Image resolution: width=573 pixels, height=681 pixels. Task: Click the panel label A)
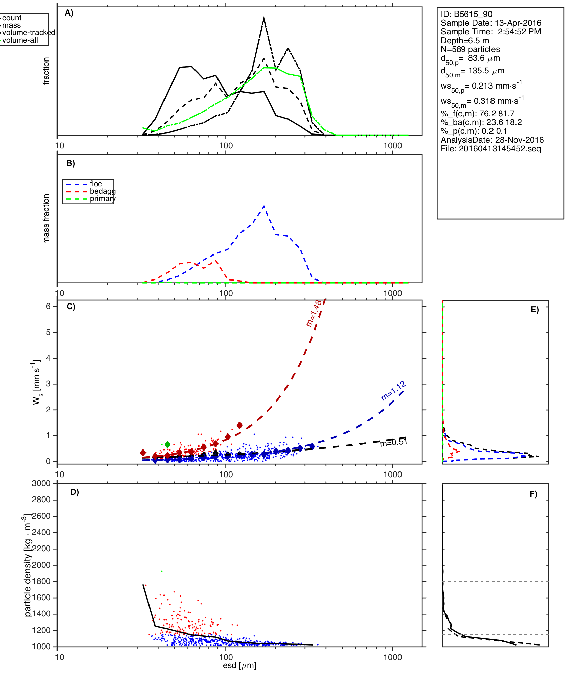(x=69, y=13)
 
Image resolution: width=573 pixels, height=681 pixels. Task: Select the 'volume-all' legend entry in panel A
(x=20, y=40)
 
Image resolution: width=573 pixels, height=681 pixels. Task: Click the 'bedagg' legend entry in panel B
(x=102, y=191)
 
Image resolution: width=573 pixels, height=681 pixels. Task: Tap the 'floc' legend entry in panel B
(x=96, y=184)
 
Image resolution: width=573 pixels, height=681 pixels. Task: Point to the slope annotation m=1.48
(x=314, y=314)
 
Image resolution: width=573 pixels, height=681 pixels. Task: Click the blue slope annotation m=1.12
(x=393, y=391)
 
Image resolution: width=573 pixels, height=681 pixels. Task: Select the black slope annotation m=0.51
(x=393, y=442)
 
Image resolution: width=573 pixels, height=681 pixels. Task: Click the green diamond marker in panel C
(x=167, y=444)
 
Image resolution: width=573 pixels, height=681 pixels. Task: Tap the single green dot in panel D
(x=162, y=571)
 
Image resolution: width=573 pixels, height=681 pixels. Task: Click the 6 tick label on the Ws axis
(x=49, y=306)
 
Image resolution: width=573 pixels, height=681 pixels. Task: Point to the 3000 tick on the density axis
(x=41, y=483)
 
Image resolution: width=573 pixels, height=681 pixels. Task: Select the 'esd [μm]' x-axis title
(x=239, y=665)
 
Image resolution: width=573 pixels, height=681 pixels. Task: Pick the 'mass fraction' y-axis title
(x=46, y=219)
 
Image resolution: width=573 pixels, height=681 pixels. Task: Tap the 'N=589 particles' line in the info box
(x=470, y=49)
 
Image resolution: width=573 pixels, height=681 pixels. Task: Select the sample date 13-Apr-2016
(x=518, y=23)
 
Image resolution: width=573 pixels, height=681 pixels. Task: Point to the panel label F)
(x=533, y=494)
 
